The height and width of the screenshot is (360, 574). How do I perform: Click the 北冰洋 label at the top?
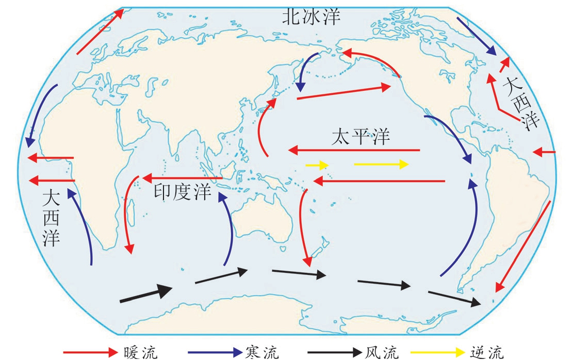tap(311, 17)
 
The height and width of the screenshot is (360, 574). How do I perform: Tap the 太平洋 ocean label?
tap(360, 137)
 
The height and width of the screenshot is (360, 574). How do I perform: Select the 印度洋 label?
tap(182, 191)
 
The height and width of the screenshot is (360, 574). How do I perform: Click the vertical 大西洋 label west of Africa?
tap(51, 219)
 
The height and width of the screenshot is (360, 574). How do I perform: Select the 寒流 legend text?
tap(262, 352)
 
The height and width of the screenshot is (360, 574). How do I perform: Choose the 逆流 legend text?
tap(486, 352)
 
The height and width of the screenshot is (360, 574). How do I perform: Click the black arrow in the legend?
tap(335, 352)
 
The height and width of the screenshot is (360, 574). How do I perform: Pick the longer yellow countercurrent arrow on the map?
tap(381, 165)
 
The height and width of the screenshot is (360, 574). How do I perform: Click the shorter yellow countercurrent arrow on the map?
tap(317, 166)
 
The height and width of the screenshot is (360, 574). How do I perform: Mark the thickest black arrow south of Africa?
tap(146, 293)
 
